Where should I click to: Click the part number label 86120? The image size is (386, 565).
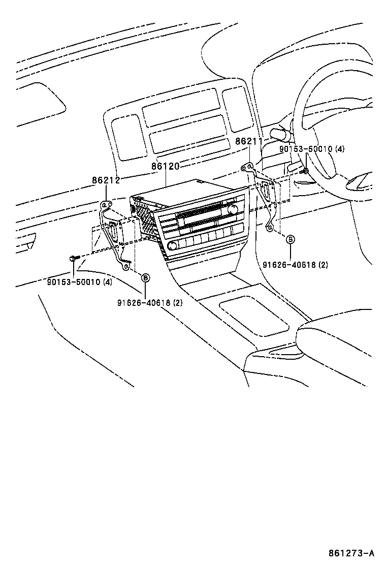(166, 166)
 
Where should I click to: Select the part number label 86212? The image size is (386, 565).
(106, 180)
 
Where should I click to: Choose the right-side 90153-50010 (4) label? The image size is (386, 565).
(311, 149)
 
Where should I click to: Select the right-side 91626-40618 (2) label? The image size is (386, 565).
(295, 265)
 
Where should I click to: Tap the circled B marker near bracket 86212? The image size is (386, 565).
(145, 277)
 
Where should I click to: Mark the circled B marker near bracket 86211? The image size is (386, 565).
(291, 239)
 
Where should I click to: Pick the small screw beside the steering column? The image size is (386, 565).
(305, 171)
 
